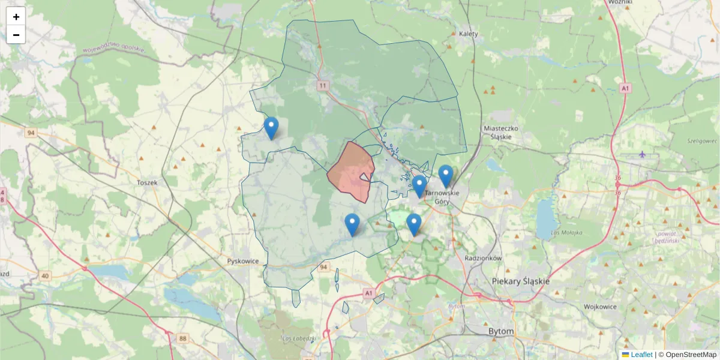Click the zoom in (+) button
coord(16,17)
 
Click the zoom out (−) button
coord(16,35)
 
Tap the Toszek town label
coord(146,182)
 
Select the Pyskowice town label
coord(242,261)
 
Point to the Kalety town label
coord(468,34)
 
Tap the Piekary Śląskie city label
coord(520,281)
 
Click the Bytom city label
coord(502,331)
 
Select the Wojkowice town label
coord(601,307)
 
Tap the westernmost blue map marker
coord(271,128)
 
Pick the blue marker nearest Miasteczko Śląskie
coord(445,176)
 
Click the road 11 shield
coord(324,86)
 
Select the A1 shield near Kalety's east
coord(626,88)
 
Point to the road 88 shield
coord(182,338)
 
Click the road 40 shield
coord(46,275)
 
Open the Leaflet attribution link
coord(641,355)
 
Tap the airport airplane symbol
coord(643,154)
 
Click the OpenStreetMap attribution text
coord(691,355)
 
